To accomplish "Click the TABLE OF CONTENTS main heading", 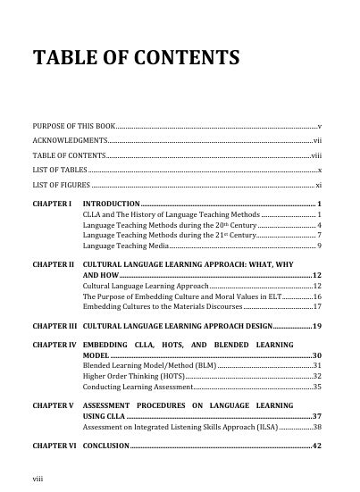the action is pyautogui.click(x=137, y=60).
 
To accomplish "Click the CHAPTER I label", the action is pyautogui.click(x=51, y=204).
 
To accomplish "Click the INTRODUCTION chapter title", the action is pyautogui.click(x=112, y=204).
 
